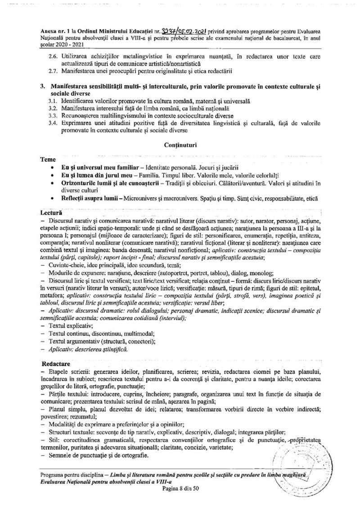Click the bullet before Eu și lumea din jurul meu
pos(53,175)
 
